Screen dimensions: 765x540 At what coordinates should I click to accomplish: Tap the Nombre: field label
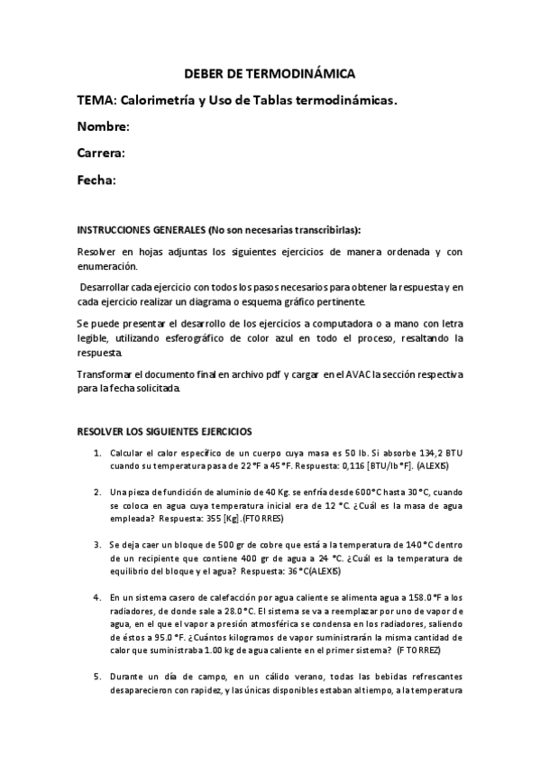[104, 127]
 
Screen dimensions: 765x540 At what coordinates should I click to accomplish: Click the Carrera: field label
[101, 153]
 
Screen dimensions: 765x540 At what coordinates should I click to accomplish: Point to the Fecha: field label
[96, 180]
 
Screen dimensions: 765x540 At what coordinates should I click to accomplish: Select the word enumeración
[108, 267]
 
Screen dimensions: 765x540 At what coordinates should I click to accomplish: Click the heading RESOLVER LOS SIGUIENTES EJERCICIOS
[164, 432]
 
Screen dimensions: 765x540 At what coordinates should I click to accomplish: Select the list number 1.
[96, 452]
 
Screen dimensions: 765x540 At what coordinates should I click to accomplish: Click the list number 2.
[96, 492]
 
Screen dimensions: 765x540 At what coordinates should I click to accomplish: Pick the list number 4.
[96, 597]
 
